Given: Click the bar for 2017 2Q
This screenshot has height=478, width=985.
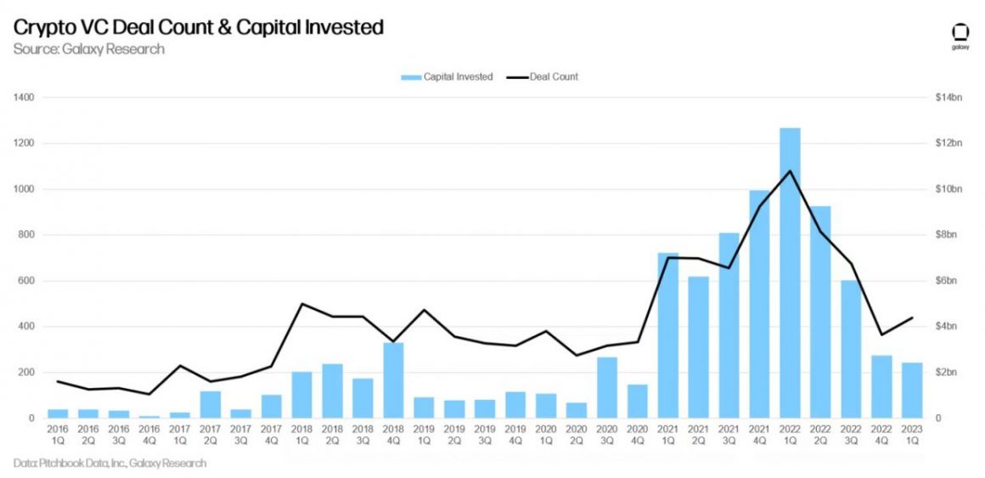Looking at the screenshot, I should (x=211, y=404).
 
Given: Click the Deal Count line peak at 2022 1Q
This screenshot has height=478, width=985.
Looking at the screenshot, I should (x=791, y=171).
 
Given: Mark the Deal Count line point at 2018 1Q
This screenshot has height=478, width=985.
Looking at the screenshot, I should (x=302, y=304).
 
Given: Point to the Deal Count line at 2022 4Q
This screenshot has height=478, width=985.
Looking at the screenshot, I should (x=882, y=335).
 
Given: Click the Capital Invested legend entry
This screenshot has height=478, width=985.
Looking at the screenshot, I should (x=447, y=77).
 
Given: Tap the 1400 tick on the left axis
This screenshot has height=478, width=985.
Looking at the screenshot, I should (x=24, y=98).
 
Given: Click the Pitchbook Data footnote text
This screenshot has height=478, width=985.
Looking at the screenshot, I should (x=110, y=464).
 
